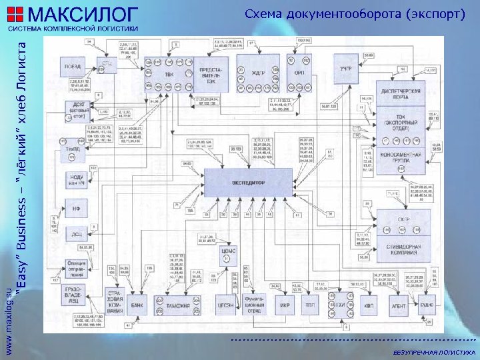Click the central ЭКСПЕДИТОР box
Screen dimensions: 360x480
pyautogui.click(x=248, y=181)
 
